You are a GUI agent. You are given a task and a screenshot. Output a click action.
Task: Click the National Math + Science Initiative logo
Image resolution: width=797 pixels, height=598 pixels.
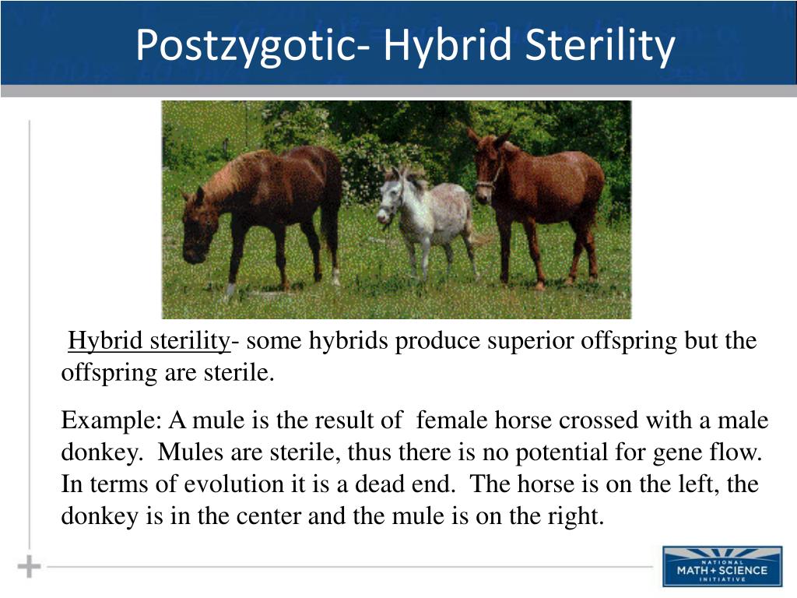[x=722, y=566]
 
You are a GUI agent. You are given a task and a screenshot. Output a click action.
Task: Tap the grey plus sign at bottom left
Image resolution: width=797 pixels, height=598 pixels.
[x=29, y=566]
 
